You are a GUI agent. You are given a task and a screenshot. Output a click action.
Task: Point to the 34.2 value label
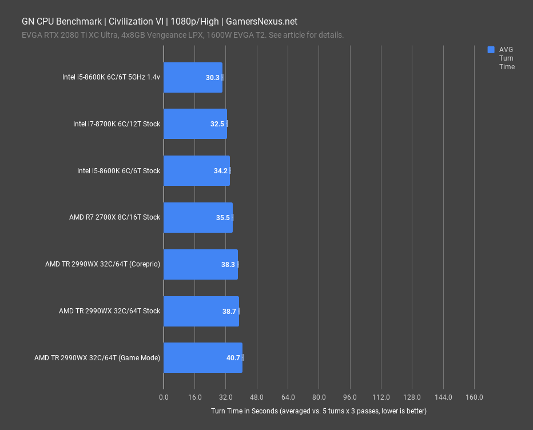click(221, 171)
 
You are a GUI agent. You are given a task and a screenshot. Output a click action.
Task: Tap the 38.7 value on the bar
click(229, 312)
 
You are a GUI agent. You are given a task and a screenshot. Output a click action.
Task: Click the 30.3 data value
click(213, 78)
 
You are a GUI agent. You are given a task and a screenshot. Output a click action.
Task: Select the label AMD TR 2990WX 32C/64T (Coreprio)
click(102, 265)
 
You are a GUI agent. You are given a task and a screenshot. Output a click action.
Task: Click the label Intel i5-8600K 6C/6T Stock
click(118, 171)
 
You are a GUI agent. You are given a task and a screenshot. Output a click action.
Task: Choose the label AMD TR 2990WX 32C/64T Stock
click(109, 312)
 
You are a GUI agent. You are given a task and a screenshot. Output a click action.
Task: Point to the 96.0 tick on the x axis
click(350, 397)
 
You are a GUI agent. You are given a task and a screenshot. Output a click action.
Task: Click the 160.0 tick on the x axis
click(474, 397)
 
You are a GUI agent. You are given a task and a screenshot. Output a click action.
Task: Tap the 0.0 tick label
click(164, 397)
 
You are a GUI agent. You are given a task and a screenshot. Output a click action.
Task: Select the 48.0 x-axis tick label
click(257, 397)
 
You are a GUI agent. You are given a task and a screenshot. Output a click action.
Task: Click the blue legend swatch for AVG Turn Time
click(491, 50)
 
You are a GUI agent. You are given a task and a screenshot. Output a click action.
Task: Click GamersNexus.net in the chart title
click(261, 22)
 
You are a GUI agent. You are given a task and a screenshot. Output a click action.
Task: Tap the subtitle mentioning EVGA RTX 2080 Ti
click(182, 35)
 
